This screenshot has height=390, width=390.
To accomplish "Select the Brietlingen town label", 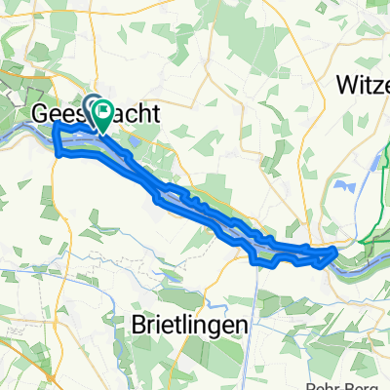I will click(189, 324).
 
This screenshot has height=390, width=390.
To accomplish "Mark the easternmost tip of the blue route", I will click(336, 252).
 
